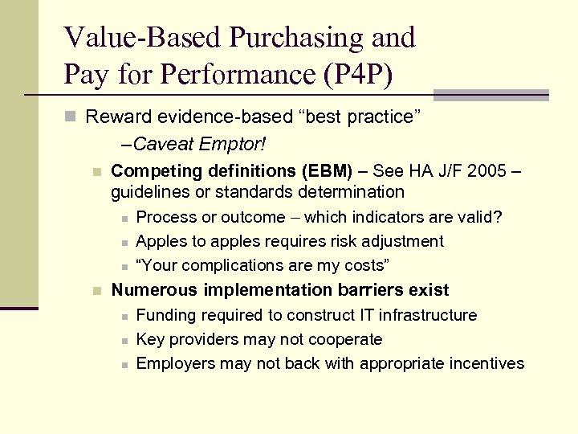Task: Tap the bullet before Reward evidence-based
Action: (71, 117)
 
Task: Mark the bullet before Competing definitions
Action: (96, 172)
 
